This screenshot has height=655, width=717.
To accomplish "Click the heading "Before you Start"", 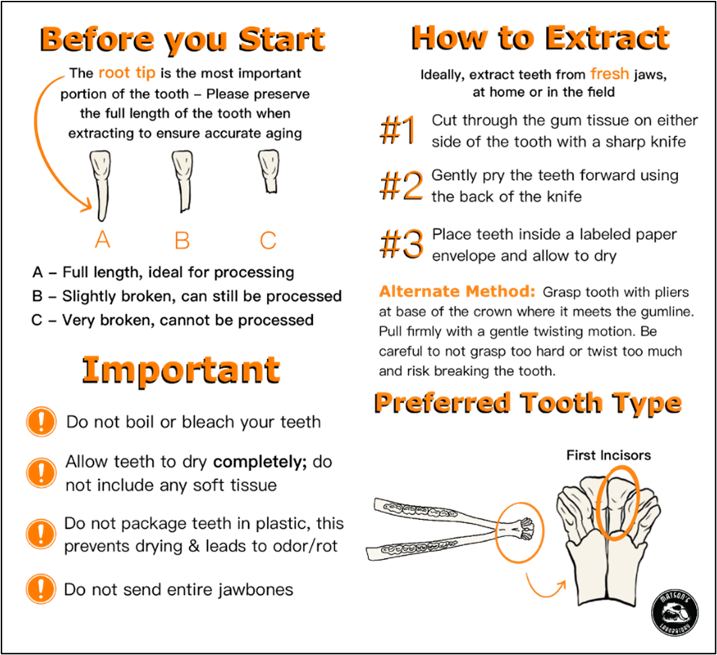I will tap(184, 38).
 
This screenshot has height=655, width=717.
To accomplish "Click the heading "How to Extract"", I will tap(541, 36).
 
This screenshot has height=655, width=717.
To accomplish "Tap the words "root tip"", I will tap(127, 74).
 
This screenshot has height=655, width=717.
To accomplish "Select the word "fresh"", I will tap(609, 74).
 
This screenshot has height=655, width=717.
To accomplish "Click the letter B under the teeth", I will tap(181, 241).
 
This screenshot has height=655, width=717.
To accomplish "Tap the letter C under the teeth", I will tap(268, 241).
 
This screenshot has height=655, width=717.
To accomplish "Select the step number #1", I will tap(399, 131).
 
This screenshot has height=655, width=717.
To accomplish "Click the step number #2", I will tap(402, 186).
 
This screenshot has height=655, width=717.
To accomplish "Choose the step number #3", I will tap(402, 245).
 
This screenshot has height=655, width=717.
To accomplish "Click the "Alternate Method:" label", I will tap(457, 292).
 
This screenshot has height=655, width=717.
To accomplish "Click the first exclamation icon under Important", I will tap(41, 422).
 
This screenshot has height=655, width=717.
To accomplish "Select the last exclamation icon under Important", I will tap(41, 588).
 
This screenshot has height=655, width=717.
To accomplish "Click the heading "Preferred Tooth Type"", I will tap(529, 402).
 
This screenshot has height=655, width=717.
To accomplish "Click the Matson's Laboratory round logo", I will tap(674, 611).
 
